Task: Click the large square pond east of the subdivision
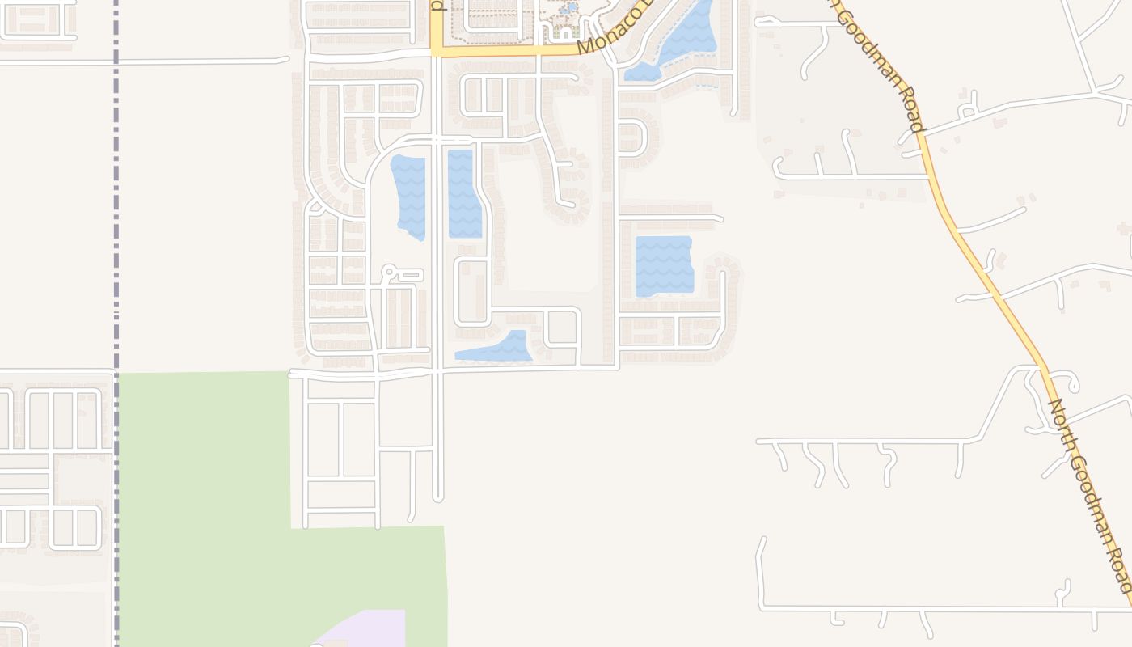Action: click(x=664, y=265)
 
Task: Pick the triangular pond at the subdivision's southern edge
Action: click(x=498, y=348)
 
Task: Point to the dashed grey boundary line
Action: click(x=116, y=243)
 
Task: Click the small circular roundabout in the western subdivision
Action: click(x=388, y=272)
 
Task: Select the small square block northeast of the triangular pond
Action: click(x=563, y=328)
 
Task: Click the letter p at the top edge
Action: click(x=437, y=5)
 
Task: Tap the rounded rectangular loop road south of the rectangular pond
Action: click(x=473, y=292)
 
